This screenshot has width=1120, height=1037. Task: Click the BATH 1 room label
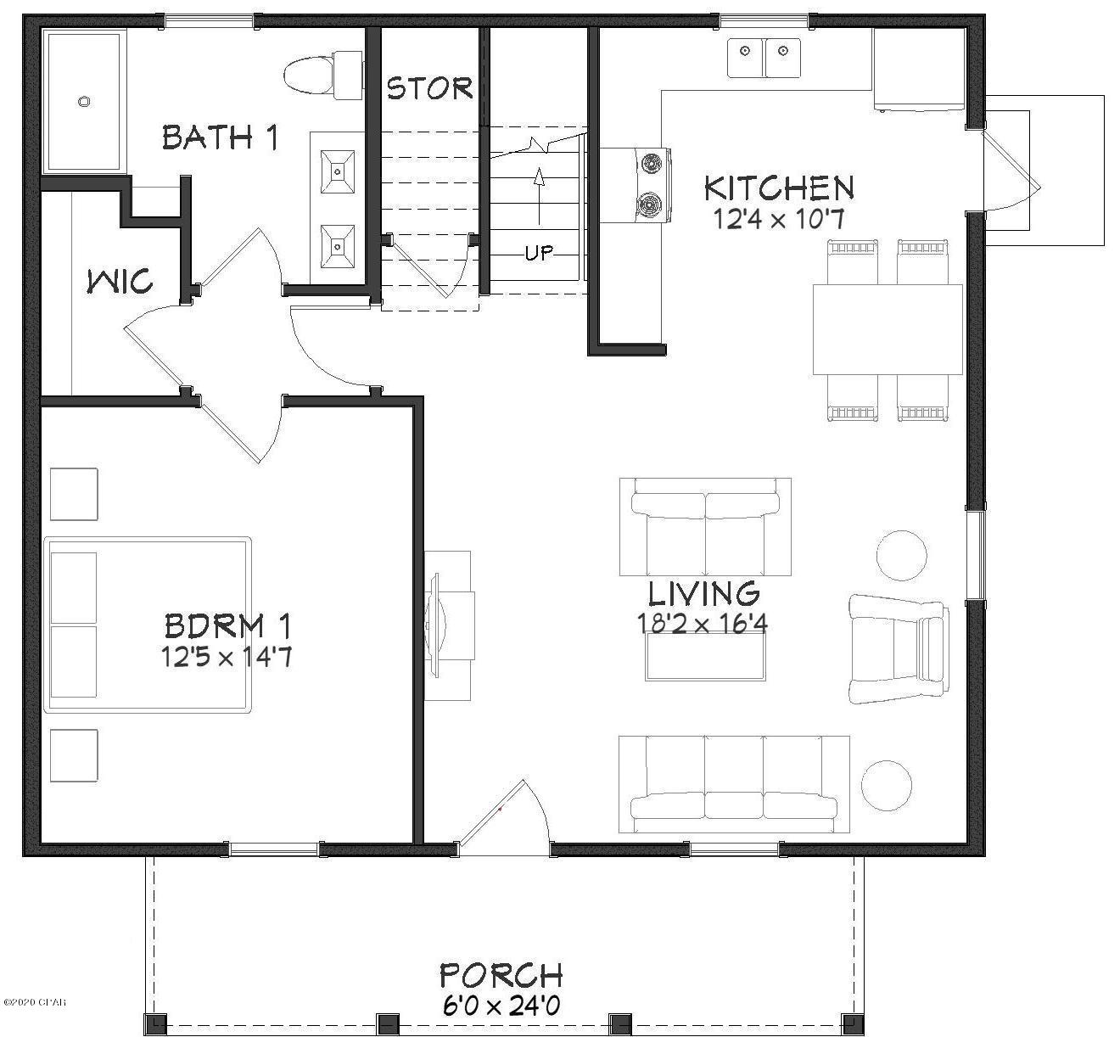click(220, 137)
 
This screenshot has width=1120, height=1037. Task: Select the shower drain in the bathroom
click(84, 102)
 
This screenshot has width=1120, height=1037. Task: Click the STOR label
click(429, 88)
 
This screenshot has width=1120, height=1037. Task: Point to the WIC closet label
click(120, 281)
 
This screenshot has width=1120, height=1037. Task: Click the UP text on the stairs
click(539, 253)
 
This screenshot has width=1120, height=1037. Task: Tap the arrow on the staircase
click(540, 196)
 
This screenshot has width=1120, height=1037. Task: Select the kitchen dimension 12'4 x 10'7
click(779, 218)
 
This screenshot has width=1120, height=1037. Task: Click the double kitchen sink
click(764, 58)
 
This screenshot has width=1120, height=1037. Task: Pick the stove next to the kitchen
click(636, 185)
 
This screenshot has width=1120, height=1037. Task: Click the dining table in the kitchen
click(888, 329)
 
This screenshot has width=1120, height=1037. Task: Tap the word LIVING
click(703, 593)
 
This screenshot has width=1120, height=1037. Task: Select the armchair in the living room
click(899, 649)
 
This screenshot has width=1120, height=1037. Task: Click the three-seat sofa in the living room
click(734, 784)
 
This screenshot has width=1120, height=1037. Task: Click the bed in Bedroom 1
click(147, 625)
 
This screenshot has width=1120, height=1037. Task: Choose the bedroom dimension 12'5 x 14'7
click(227, 657)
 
